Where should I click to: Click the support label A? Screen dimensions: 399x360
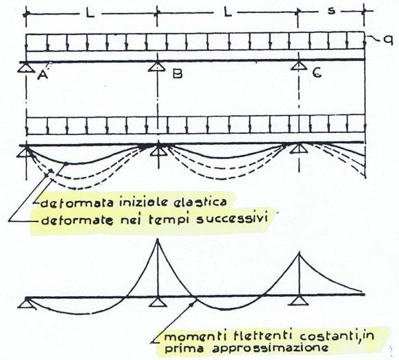pyautogui.click(x=43, y=75)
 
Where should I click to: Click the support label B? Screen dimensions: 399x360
pyautogui.click(x=178, y=74)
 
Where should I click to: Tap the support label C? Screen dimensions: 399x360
pyautogui.click(x=316, y=73)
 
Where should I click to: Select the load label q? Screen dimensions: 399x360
pyautogui.click(x=388, y=40)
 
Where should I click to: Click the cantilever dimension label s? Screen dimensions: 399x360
pyautogui.click(x=331, y=11)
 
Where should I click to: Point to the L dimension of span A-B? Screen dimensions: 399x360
pyautogui.click(x=90, y=13)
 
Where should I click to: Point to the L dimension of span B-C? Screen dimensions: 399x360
pyautogui.click(x=228, y=12)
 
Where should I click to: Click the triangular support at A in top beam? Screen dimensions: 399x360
pyautogui.click(x=26, y=67)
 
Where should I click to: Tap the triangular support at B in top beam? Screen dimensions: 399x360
pyautogui.click(x=158, y=67)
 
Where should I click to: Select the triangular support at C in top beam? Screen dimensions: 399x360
pyautogui.click(x=299, y=65)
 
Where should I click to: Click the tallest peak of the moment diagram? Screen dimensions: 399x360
pyautogui.click(x=158, y=239)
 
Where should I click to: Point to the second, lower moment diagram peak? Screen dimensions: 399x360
pyautogui.click(x=300, y=252)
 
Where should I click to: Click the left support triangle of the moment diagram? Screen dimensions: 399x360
pyautogui.click(x=27, y=302)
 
